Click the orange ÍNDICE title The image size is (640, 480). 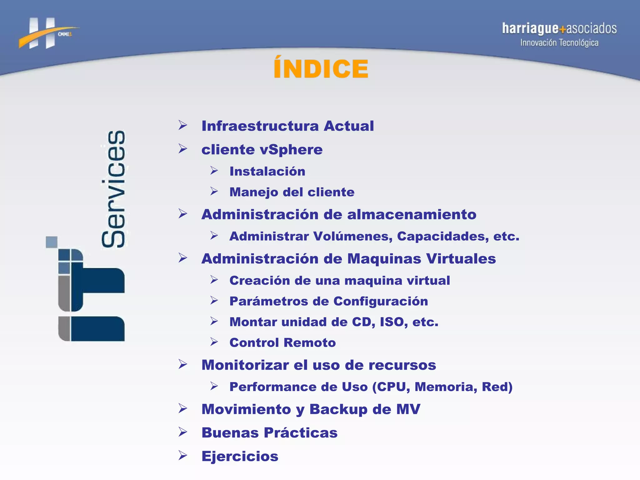(321, 68)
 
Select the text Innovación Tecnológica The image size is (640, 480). (559, 43)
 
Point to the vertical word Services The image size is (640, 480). (113, 189)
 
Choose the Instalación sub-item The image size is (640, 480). (267, 172)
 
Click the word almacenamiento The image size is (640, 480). (412, 215)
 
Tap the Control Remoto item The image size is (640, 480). (282, 343)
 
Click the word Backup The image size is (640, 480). (338, 409)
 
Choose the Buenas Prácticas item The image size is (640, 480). (269, 433)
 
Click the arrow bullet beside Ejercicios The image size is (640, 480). (183, 455)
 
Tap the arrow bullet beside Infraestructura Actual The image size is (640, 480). (183, 125)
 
